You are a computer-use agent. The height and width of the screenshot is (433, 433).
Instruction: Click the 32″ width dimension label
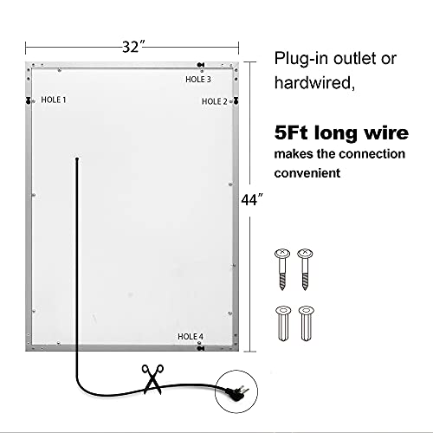coord(133,47)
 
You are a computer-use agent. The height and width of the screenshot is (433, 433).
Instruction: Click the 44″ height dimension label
coord(252,199)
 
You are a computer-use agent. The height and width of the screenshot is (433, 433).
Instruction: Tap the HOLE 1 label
coord(54,100)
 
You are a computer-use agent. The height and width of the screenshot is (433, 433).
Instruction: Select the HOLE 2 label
coord(215,101)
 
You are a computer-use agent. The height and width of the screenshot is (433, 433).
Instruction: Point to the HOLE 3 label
coord(198,80)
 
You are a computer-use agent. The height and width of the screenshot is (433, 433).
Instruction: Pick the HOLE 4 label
coord(191,337)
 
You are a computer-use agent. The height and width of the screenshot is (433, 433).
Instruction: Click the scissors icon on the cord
coord(152,379)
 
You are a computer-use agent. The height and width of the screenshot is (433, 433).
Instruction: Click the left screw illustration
coord(282,269)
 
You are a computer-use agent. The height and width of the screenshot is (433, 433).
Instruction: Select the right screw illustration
coord(305,269)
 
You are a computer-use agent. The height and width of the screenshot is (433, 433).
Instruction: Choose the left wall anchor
coord(283,324)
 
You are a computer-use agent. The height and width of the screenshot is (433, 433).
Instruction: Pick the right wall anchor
coord(307,324)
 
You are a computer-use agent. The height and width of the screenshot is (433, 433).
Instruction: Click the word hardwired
coord(314,82)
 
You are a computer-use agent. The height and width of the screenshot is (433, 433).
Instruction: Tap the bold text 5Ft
coord(291,132)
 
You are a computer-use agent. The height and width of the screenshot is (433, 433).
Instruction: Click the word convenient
coord(307,173)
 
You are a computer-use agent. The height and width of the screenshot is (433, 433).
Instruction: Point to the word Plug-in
coord(301,59)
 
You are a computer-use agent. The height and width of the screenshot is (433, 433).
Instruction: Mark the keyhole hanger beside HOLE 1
coord(29,100)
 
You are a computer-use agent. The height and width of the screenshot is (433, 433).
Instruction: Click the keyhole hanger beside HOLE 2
coord(236,100)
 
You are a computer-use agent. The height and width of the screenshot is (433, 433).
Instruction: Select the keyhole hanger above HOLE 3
coord(201,65)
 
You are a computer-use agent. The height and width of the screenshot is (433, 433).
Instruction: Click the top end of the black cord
coord(77,158)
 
